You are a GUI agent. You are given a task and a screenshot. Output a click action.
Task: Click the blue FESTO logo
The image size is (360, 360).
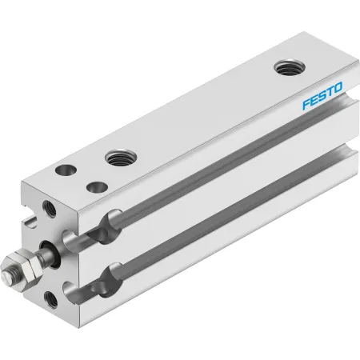pos(322,96)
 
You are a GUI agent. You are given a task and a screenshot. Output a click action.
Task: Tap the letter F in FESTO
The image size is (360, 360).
pos(306,104)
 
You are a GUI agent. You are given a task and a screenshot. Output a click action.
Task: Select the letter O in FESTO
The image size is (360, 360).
pos(338,88)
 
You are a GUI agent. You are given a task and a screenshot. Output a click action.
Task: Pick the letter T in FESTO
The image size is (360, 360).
pos(330,92)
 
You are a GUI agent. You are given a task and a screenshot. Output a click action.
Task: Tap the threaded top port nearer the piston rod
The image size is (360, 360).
pos(121,158)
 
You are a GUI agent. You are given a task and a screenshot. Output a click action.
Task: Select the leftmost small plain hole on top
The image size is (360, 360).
pos(66,170)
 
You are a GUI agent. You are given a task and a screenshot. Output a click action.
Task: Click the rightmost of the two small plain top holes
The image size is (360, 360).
pos(97,186)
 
